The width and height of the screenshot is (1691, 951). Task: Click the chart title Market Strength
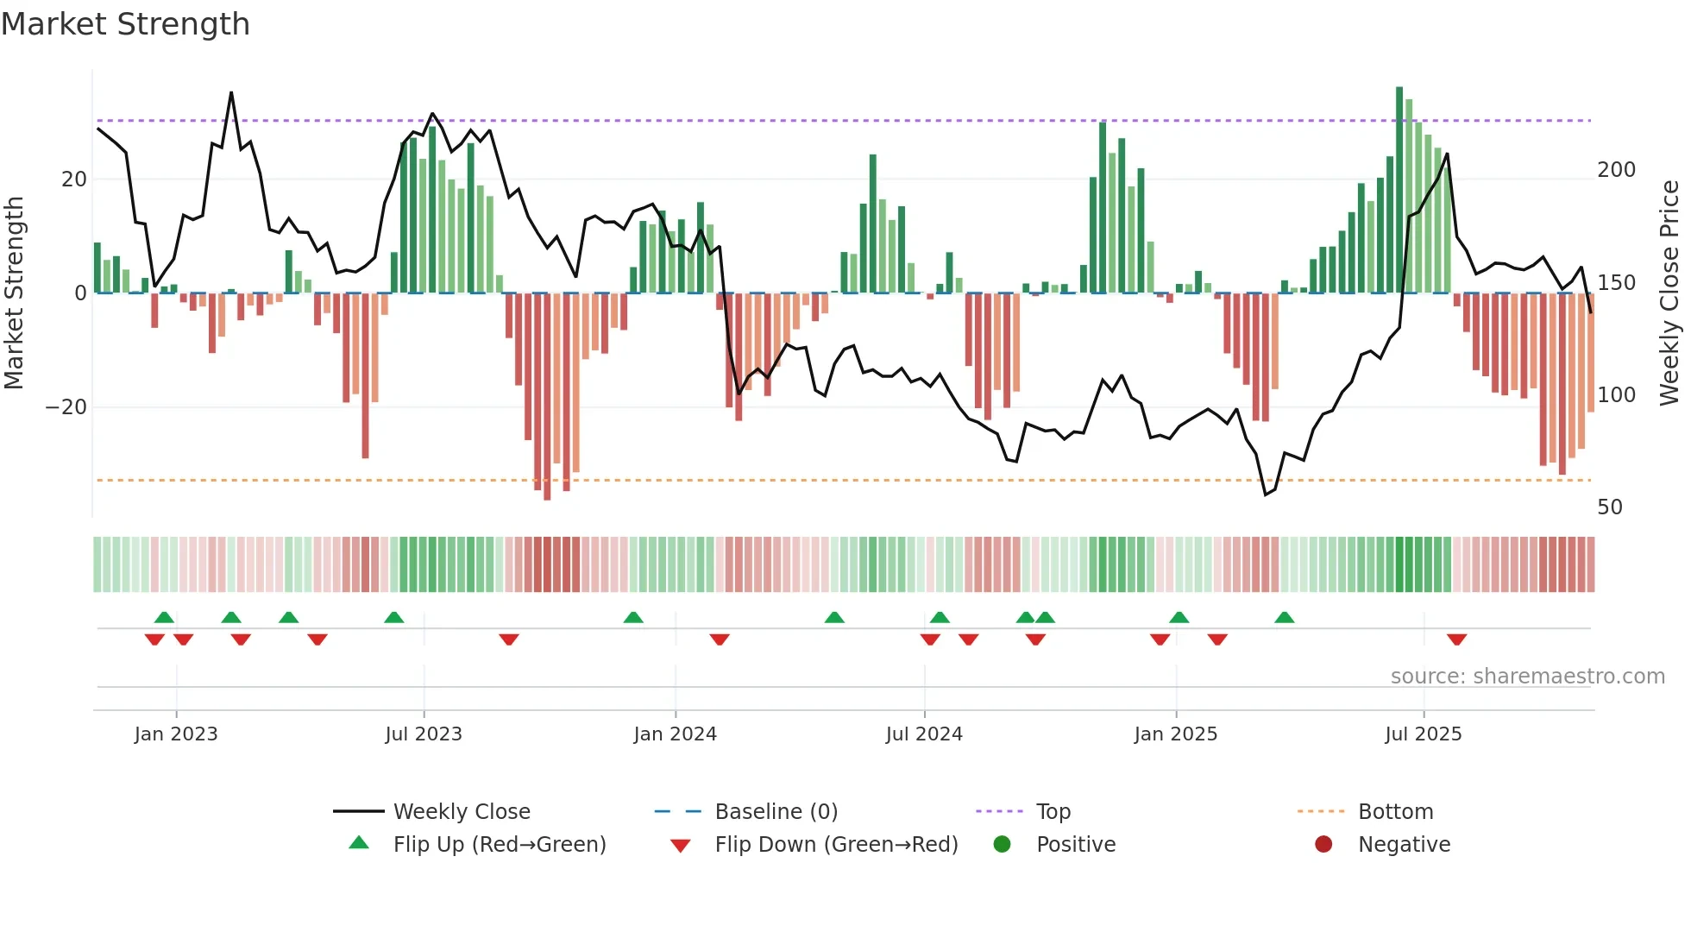[x=125, y=24]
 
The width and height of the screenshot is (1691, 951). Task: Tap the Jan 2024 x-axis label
[x=675, y=734]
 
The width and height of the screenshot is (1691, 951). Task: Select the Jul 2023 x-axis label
[x=424, y=734]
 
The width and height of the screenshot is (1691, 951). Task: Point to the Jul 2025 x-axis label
[x=1423, y=734]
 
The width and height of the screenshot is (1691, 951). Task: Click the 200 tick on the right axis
[x=1616, y=170]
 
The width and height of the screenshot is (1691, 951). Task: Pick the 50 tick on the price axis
[x=1609, y=507]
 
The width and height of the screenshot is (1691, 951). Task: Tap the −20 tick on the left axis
[x=66, y=407]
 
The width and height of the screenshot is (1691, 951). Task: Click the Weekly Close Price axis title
[x=1669, y=293]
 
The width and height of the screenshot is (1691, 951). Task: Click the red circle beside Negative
[x=1323, y=845]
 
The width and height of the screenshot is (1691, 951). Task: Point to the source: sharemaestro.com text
[x=1527, y=677]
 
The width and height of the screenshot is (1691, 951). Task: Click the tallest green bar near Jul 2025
[x=1399, y=190]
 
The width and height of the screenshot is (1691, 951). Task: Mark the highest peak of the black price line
[x=231, y=93]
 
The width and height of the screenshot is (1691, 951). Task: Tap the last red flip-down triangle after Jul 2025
[x=1456, y=639]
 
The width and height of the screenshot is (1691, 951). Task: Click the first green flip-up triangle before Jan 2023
[x=164, y=617]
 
